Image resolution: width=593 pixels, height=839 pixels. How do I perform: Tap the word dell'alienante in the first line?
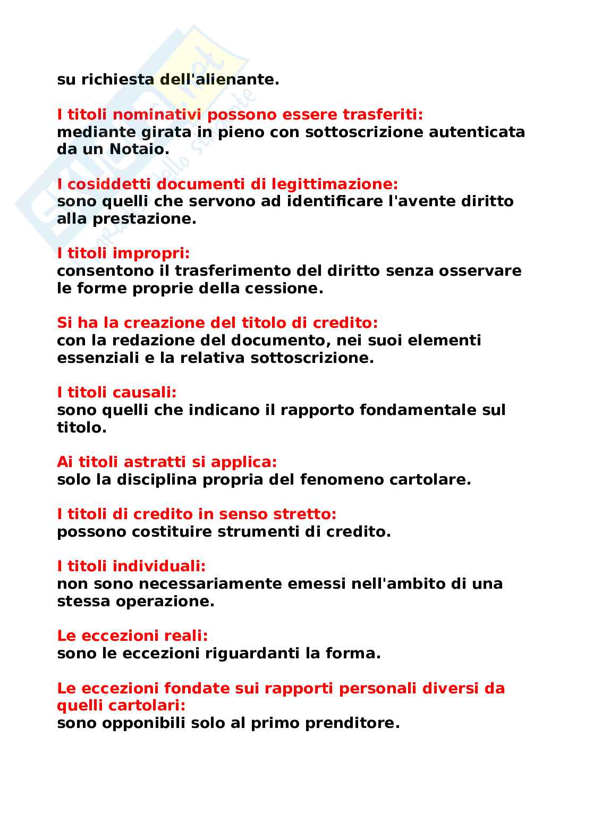coord(219,80)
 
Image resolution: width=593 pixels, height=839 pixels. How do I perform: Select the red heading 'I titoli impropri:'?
coord(123,253)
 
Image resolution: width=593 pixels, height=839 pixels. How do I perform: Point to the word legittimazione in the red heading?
coord(334,184)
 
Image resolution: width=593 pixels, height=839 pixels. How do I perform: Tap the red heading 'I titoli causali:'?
coord(116,393)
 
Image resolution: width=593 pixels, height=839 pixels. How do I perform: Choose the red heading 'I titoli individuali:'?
coord(131,566)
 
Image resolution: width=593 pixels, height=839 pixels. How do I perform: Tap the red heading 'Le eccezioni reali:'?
coord(132,636)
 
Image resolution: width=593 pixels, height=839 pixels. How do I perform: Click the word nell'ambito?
coord(398,584)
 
